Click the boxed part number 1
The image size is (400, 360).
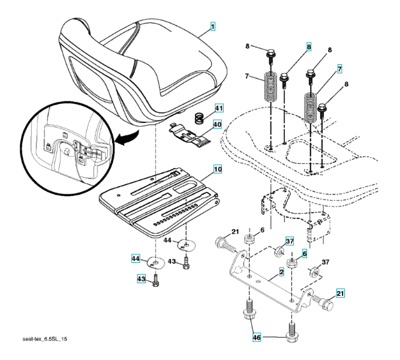pos(213,28)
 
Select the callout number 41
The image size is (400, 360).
pos(218,109)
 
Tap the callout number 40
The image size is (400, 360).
pos(216,125)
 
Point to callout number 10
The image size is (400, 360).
pos(217,170)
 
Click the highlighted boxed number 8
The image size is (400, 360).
pos(309,46)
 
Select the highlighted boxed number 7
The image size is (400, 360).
pos(339,70)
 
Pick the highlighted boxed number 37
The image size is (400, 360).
pos(289,241)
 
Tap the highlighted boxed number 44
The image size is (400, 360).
pos(136,259)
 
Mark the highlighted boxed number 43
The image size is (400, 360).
pos(141,278)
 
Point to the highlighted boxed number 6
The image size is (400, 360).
pos(304,254)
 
